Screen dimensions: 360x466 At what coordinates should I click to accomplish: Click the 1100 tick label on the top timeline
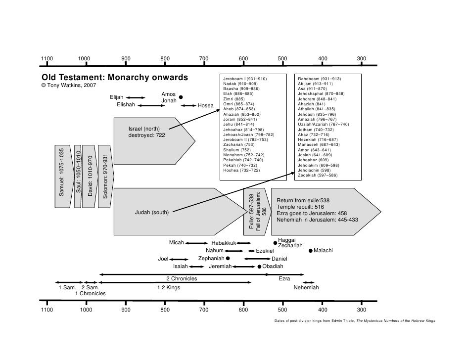tap(47, 59)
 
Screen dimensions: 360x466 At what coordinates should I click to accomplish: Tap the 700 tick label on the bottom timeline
tap(203, 310)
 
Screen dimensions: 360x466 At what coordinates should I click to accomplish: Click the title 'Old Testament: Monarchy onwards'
tap(115, 78)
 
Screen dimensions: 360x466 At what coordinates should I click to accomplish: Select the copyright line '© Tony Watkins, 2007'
tap(69, 86)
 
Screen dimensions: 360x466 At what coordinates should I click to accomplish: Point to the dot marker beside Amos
tap(181, 97)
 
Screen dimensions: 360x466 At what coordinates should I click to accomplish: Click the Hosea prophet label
tap(205, 105)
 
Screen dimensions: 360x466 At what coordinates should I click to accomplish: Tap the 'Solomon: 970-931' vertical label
tap(105, 176)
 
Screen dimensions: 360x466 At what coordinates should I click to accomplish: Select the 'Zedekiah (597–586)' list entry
tap(318, 175)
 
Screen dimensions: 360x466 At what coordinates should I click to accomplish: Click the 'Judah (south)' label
tap(152, 213)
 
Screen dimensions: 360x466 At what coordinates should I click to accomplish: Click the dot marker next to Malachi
tap(311, 251)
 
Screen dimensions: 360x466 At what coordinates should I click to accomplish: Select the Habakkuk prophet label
tap(224, 243)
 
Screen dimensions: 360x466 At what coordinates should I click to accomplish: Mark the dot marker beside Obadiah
tap(259, 267)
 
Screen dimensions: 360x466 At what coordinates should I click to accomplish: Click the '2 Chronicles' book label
tap(182, 279)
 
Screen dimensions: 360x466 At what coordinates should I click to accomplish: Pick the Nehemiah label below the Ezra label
tap(306, 288)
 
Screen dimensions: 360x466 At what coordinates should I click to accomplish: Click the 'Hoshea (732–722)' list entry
tap(241, 170)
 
